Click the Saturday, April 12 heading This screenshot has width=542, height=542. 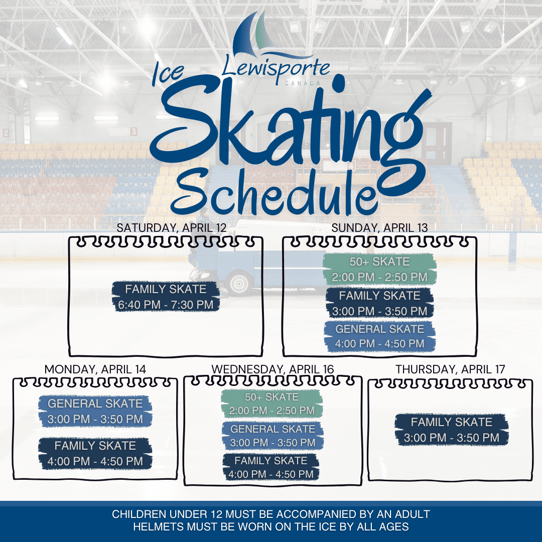172,228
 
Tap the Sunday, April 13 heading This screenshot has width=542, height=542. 379,228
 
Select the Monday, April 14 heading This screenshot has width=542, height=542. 95,369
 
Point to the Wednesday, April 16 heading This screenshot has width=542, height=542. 273,369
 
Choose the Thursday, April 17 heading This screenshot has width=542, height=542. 450,369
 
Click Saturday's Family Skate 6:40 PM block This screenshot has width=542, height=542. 166,297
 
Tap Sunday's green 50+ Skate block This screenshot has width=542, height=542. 379,269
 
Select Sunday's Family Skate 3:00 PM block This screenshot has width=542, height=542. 379,303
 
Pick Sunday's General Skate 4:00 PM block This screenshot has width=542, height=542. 379,336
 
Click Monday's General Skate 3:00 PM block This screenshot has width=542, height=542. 95,411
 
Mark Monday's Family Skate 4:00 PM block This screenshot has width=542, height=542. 95,453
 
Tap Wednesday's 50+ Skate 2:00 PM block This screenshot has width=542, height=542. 272,403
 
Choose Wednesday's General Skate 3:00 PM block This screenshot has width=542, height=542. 273,436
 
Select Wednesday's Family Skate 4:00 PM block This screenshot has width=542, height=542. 271,467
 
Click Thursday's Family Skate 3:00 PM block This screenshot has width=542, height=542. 452,430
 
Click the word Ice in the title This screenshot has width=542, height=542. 168,73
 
